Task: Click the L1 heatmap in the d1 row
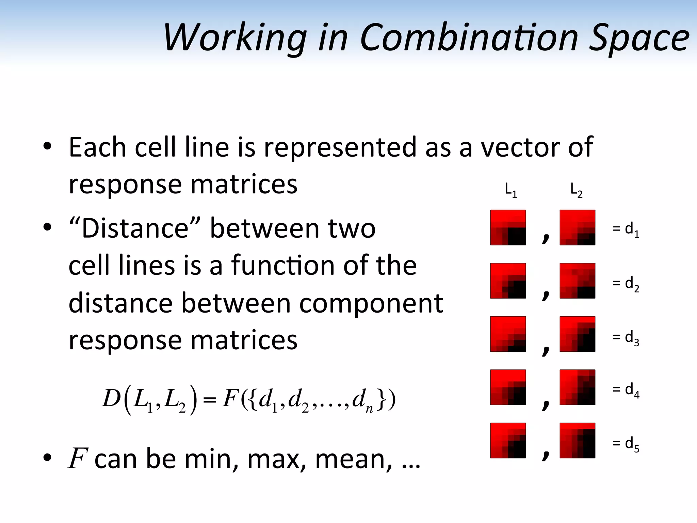pyautogui.click(x=508, y=227)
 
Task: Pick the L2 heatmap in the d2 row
pyautogui.click(x=577, y=281)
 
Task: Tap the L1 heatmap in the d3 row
pyautogui.click(x=508, y=334)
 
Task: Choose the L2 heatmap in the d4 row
pyautogui.click(x=577, y=387)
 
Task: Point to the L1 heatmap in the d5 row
pyautogui.click(x=508, y=440)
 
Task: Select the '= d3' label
pyautogui.click(x=626, y=337)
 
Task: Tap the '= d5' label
pyautogui.click(x=626, y=444)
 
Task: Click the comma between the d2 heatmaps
pyautogui.click(x=546, y=293)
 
